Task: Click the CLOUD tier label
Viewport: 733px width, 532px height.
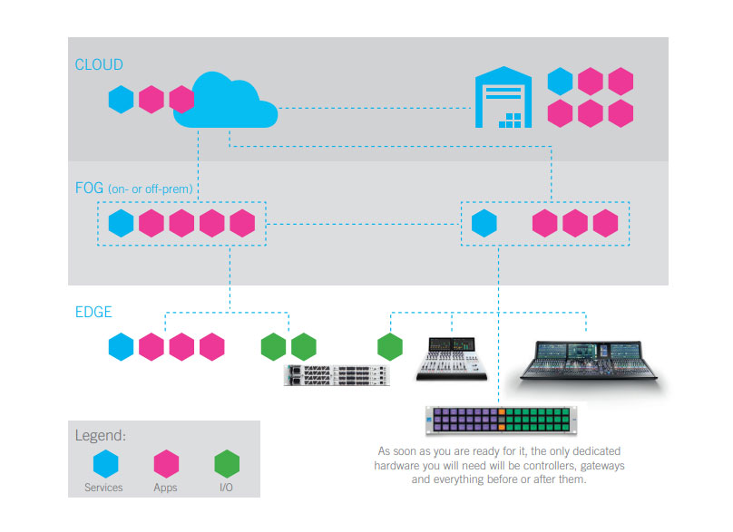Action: coord(99,64)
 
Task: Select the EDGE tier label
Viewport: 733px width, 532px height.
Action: coord(93,312)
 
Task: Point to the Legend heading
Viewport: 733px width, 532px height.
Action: coord(100,435)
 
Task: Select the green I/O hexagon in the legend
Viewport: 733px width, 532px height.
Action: coord(228,464)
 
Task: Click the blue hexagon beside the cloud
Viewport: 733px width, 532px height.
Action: coord(122,99)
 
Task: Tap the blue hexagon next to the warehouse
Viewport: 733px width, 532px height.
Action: coord(561,82)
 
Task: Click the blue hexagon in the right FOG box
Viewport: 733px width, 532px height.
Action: coord(485,223)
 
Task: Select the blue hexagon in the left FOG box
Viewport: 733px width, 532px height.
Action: coord(121,223)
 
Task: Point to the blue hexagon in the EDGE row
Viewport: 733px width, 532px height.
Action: coord(121,346)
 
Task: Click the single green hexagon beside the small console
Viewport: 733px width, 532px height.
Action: coord(390,346)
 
